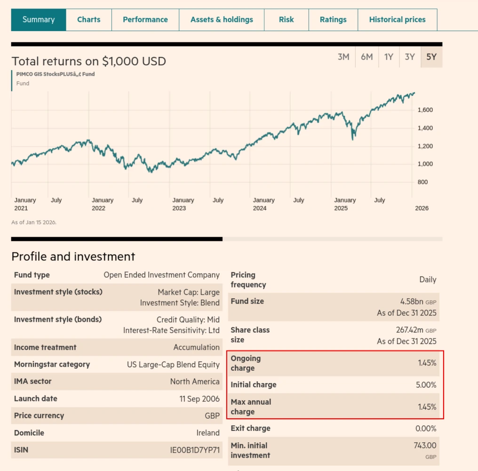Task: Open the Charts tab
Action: pos(89,20)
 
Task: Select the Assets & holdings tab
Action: pos(222,20)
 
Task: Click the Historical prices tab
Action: pos(397,20)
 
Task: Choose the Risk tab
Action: pos(286,20)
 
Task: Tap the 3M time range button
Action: pos(343,57)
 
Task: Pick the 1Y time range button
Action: pos(389,57)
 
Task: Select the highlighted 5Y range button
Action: pos(431,57)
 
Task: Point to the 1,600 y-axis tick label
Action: pos(425,110)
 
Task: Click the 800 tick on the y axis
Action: pos(422,182)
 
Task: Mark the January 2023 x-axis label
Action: pos(183,204)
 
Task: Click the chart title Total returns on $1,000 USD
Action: pos(88,61)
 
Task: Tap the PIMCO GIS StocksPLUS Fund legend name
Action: pos(55,74)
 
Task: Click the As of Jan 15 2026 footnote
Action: pos(34,222)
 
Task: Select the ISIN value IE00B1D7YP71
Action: pos(195,450)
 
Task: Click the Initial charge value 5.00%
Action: pos(426,385)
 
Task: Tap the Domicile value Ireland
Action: pos(208,433)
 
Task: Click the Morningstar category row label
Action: pos(52,365)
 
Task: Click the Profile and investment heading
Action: pos(73,256)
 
